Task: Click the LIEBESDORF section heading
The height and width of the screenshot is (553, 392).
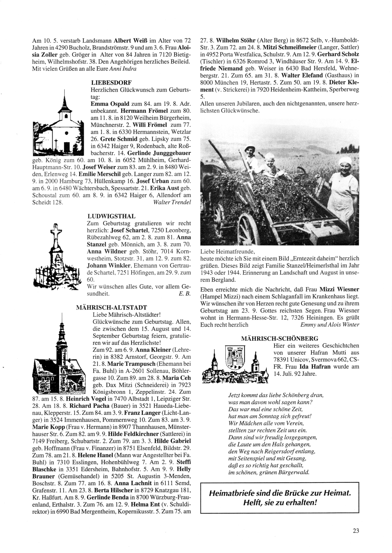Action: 111,82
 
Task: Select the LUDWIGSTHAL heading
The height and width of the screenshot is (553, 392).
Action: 112,216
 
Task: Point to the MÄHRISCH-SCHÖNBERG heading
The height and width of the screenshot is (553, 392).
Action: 280,338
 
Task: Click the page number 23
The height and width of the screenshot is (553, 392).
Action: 356,531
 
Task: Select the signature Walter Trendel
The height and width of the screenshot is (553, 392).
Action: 172,202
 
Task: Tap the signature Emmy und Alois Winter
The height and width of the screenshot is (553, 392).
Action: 329,325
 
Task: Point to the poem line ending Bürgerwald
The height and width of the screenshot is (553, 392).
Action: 269,472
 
